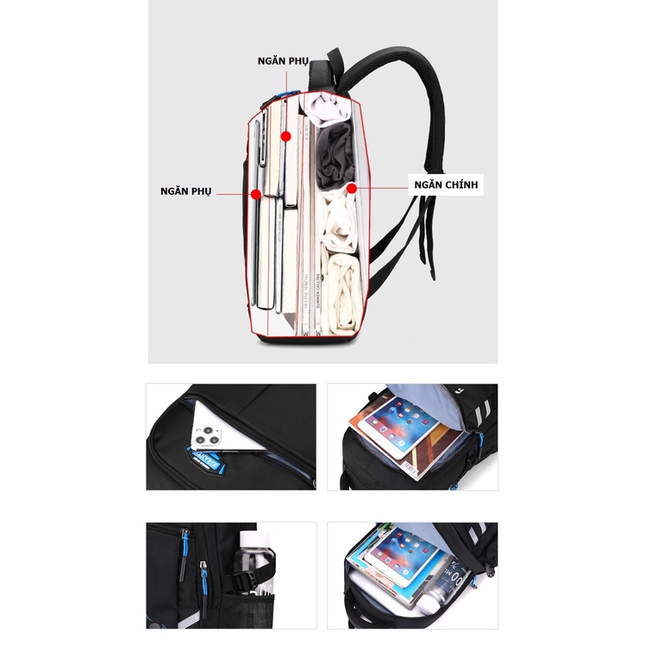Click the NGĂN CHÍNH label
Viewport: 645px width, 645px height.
click(x=445, y=185)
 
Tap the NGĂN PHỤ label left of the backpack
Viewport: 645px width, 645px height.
click(x=185, y=190)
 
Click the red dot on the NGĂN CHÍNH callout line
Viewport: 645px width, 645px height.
click(x=351, y=185)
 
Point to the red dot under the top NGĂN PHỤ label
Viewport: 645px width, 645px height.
click(x=285, y=136)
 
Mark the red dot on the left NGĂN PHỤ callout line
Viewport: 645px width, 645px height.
click(x=256, y=195)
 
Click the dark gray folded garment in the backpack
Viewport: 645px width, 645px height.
click(x=334, y=154)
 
